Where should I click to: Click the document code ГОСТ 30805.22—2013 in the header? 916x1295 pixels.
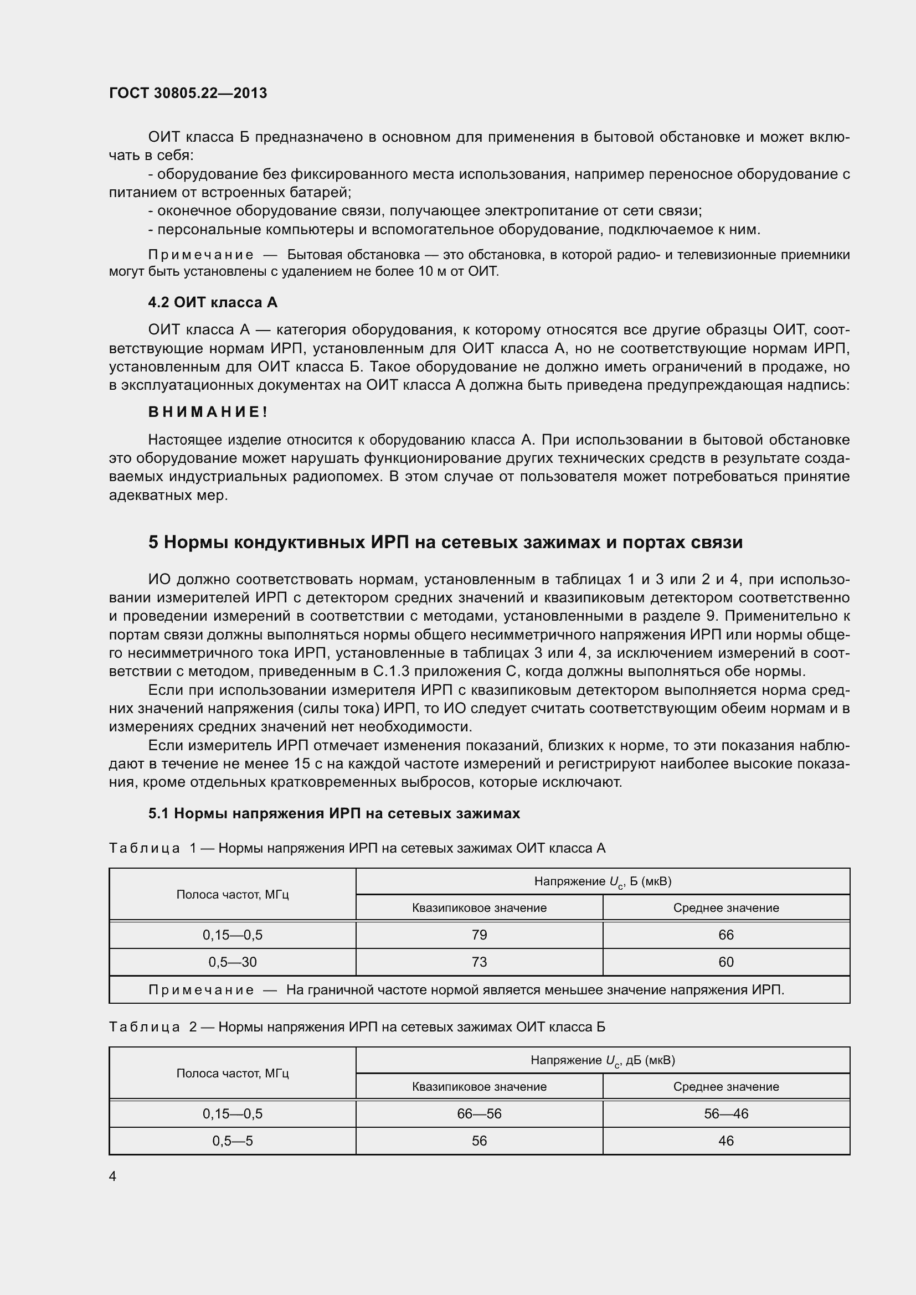(188, 93)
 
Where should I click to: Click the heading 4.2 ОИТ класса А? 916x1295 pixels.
(213, 303)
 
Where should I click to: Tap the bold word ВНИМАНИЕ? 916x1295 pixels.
(208, 412)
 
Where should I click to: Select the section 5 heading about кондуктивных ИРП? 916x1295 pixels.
(445, 542)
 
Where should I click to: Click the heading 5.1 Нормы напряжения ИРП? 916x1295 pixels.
(334, 813)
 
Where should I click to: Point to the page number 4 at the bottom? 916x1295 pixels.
(113, 1176)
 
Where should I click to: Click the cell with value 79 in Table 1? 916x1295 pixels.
(479, 935)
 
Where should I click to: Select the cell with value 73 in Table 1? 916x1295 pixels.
(479, 962)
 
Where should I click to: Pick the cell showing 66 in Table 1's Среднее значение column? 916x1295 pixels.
(726, 935)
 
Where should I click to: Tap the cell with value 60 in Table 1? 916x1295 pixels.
(726, 962)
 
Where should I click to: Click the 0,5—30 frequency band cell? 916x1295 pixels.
(233, 962)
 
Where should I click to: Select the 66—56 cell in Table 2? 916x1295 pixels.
(479, 1113)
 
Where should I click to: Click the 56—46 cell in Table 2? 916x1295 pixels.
(726, 1113)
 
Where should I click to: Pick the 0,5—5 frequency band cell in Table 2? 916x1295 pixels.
(233, 1141)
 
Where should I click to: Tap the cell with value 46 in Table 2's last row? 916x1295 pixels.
(726, 1141)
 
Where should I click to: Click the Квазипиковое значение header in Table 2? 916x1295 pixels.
(479, 1086)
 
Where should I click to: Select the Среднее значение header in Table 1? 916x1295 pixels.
(726, 907)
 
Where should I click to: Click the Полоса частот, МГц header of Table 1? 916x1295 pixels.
(233, 895)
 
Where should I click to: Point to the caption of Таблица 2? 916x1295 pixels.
(357, 1026)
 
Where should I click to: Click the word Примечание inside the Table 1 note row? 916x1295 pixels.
(201, 990)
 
